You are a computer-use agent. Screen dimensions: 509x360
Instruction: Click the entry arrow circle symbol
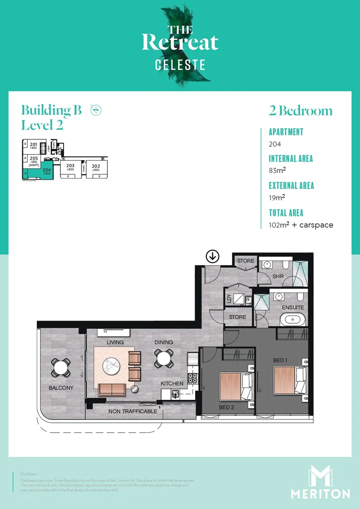[x=213, y=256]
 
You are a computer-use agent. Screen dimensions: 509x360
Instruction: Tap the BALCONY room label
[x=61, y=388]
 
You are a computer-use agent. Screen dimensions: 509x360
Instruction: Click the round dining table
[x=163, y=358]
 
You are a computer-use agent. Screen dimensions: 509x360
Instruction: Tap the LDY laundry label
[x=229, y=298]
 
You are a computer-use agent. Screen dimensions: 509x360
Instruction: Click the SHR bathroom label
[x=278, y=276]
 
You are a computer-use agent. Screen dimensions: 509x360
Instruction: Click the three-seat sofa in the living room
[x=112, y=389]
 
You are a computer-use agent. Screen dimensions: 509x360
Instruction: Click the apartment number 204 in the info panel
[x=275, y=144]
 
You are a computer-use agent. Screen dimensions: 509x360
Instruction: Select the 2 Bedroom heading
[x=301, y=111]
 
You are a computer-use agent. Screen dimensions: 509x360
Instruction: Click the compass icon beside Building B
[x=96, y=110]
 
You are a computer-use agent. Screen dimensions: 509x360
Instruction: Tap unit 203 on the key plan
[x=70, y=167]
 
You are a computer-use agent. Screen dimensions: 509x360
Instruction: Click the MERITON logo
[x=320, y=482]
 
